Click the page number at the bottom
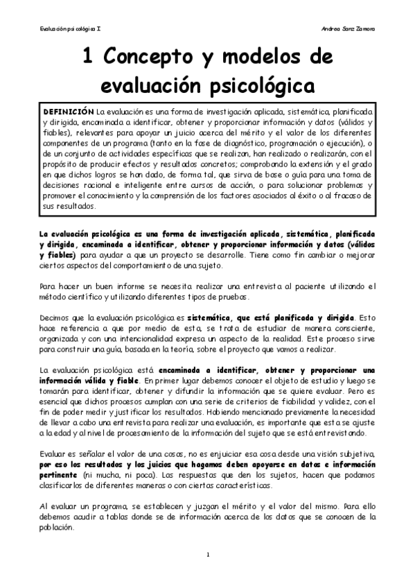tap(208, 555)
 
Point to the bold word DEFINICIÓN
tap(68, 111)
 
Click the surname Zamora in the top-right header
tap(362, 28)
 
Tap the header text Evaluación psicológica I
tap(71, 28)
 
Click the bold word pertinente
tap(58, 476)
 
